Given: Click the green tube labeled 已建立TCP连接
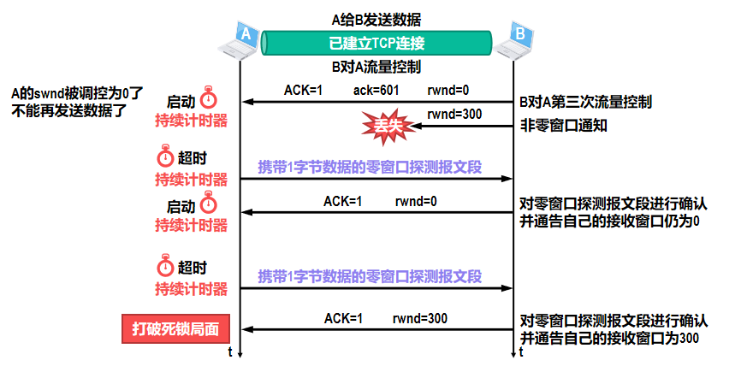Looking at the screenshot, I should click(x=376, y=42).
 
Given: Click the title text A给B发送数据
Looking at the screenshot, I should click(x=376, y=18).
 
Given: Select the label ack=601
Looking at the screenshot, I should click(x=376, y=90).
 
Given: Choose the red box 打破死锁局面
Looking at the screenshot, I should click(x=175, y=328).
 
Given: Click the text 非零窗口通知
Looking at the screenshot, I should click(x=564, y=123).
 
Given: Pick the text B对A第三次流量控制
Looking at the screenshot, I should click(x=586, y=103).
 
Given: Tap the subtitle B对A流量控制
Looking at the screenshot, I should click(x=376, y=66).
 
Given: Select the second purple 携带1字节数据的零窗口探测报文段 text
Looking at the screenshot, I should click(x=371, y=276).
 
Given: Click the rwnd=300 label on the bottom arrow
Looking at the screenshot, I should click(x=420, y=318).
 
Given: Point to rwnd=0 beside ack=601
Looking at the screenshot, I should click(x=448, y=90).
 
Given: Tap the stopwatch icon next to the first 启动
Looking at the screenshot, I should click(x=209, y=98).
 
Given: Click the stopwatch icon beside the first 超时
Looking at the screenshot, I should click(x=166, y=158).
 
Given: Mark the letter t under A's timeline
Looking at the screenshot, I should click(x=231, y=352).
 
